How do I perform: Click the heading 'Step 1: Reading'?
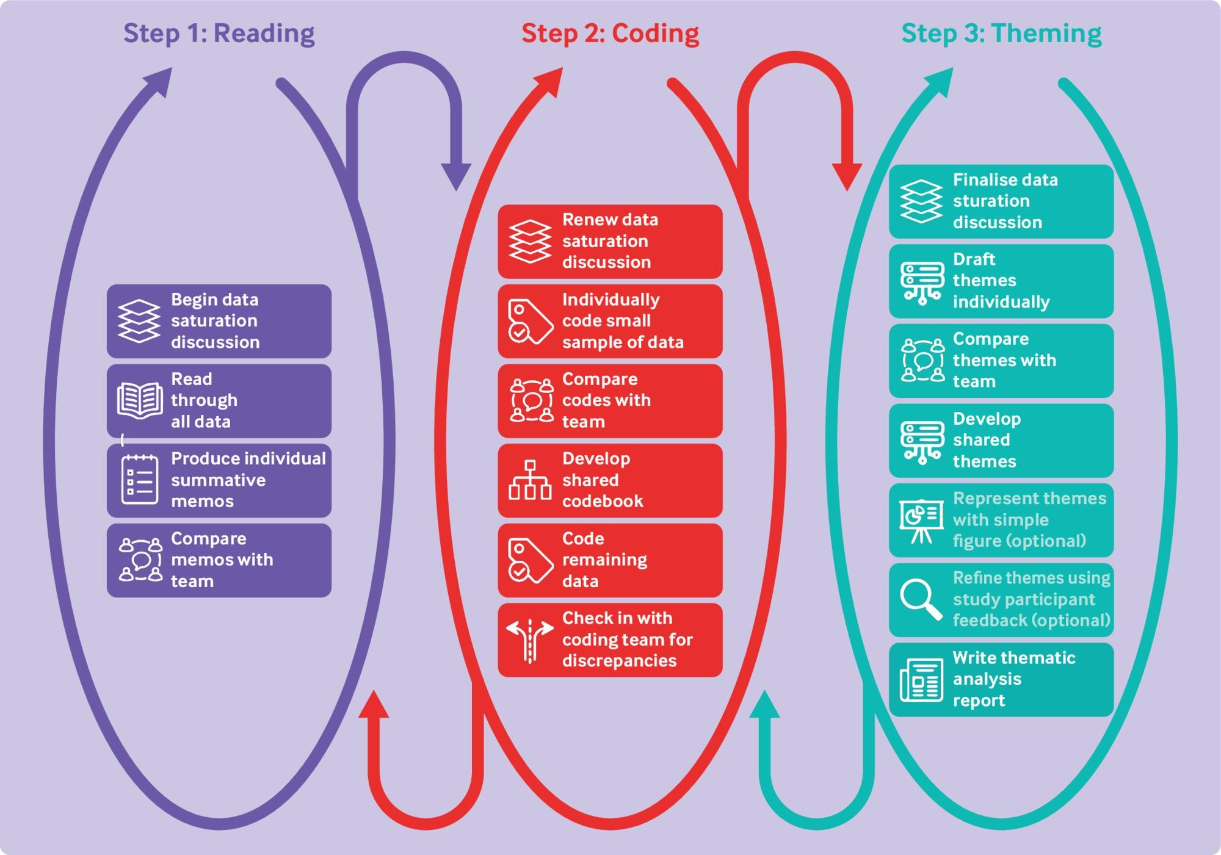(x=219, y=34)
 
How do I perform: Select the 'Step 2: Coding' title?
(x=610, y=34)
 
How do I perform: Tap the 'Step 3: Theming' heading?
(x=1001, y=34)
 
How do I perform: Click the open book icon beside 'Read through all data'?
(x=140, y=400)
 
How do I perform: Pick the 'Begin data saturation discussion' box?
(x=219, y=321)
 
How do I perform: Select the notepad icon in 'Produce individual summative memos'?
(x=140, y=480)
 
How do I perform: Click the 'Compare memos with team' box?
(x=219, y=560)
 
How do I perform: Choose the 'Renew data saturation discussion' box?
(x=610, y=241)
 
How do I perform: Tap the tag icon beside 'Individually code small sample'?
(x=529, y=321)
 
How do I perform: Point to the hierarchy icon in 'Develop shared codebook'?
(x=530, y=480)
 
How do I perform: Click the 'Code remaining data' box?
(x=610, y=560)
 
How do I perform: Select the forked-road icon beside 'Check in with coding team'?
(x=530, y=640)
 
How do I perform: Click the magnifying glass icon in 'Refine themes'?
(x=921, y=599)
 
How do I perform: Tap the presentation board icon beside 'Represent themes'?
(x=921, y=521)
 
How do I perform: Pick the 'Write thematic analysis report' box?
(x=1001, y=679)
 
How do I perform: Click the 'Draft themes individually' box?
(x=1001, y=281)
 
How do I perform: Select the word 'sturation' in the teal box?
(x=991, y=201)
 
